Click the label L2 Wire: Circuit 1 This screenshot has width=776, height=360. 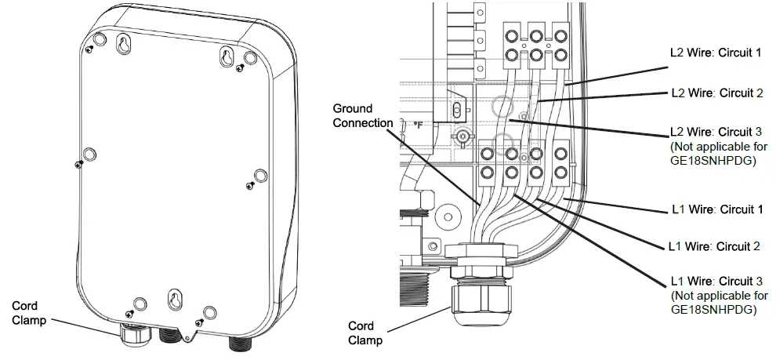click(x=716, y=53)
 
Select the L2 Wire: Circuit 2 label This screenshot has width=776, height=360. click(x=716, y=92)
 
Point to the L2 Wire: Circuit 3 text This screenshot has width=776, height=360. click(x=716, y=131)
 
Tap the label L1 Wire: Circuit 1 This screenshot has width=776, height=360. click(x=717, y=209)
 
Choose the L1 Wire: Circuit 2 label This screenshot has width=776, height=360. click(x=714, y=246)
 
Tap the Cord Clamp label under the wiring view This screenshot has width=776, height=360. click(x=364, y=333)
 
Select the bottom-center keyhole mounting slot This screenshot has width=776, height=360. click(x=174, y=300)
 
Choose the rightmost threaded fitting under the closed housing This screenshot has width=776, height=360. click(x=238, y=343)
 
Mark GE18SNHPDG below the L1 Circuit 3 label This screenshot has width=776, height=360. click(x=717, y=310)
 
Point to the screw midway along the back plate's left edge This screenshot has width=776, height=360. click(x=78, y=163)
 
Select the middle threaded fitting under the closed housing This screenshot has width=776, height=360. click(x=169, y=336)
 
